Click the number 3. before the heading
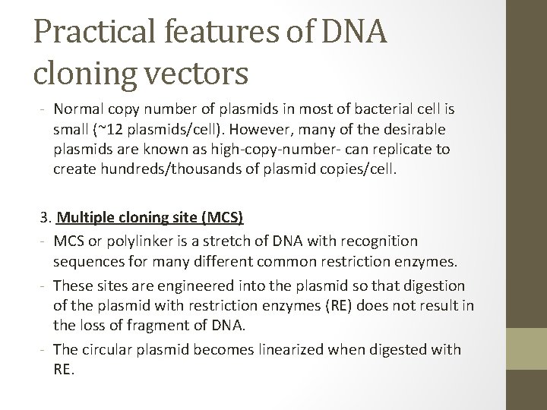click(46, 219)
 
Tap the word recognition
click(379, 241)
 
